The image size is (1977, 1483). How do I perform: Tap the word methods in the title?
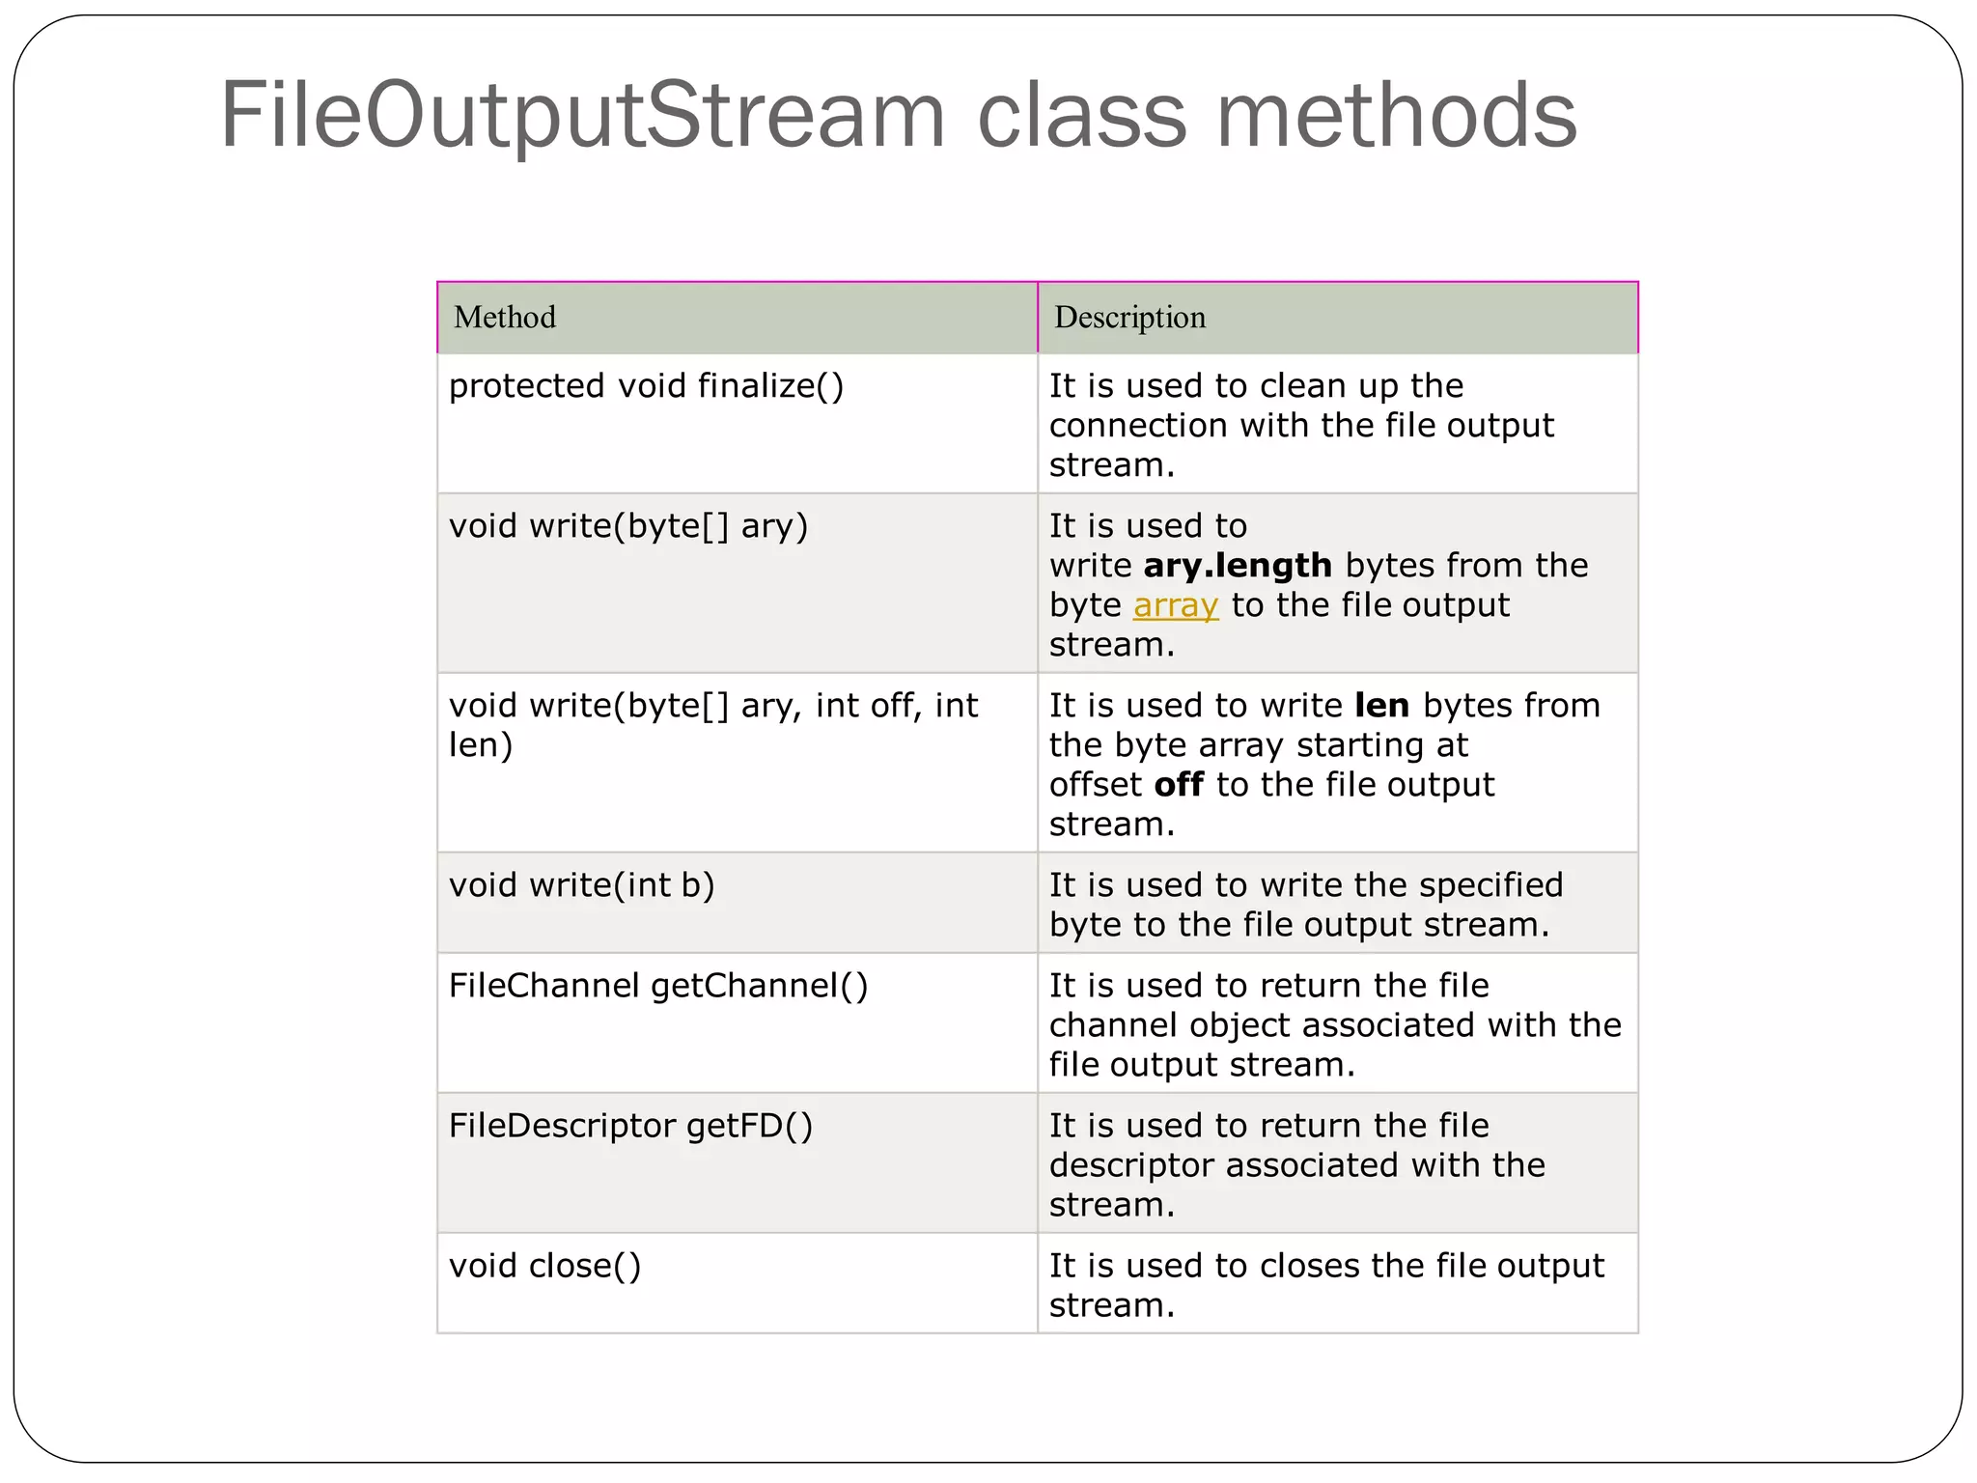point(1396,116)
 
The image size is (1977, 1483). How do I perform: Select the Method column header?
point(505,318)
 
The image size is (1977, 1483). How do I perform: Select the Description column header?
point(1129,318)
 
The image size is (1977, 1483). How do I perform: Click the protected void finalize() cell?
point(646,386)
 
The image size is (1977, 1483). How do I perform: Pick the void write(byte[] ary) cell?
point(627,526)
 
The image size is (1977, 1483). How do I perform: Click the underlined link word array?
point(1175,606)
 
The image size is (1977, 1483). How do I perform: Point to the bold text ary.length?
point(1238,566)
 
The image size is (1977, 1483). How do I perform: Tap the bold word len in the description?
point(1381,706)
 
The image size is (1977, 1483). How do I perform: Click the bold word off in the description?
point(1179,785)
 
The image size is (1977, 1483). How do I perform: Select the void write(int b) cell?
point(581,885)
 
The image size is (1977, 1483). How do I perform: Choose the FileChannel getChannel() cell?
point(658,986)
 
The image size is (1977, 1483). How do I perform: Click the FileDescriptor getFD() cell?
point(630,1126)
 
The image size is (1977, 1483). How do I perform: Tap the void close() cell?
point(544,1266)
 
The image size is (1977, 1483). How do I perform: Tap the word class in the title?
point(1081,116)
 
